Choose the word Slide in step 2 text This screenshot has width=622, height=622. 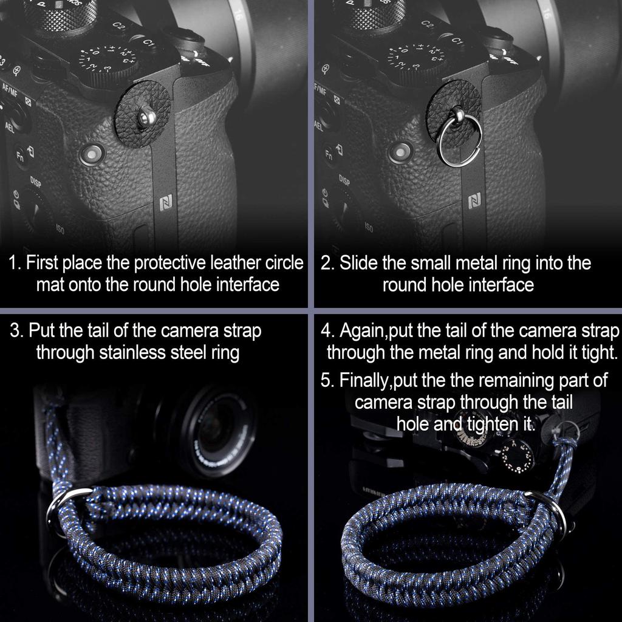coord(360,263)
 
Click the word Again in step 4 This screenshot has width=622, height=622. coord(362,332)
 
